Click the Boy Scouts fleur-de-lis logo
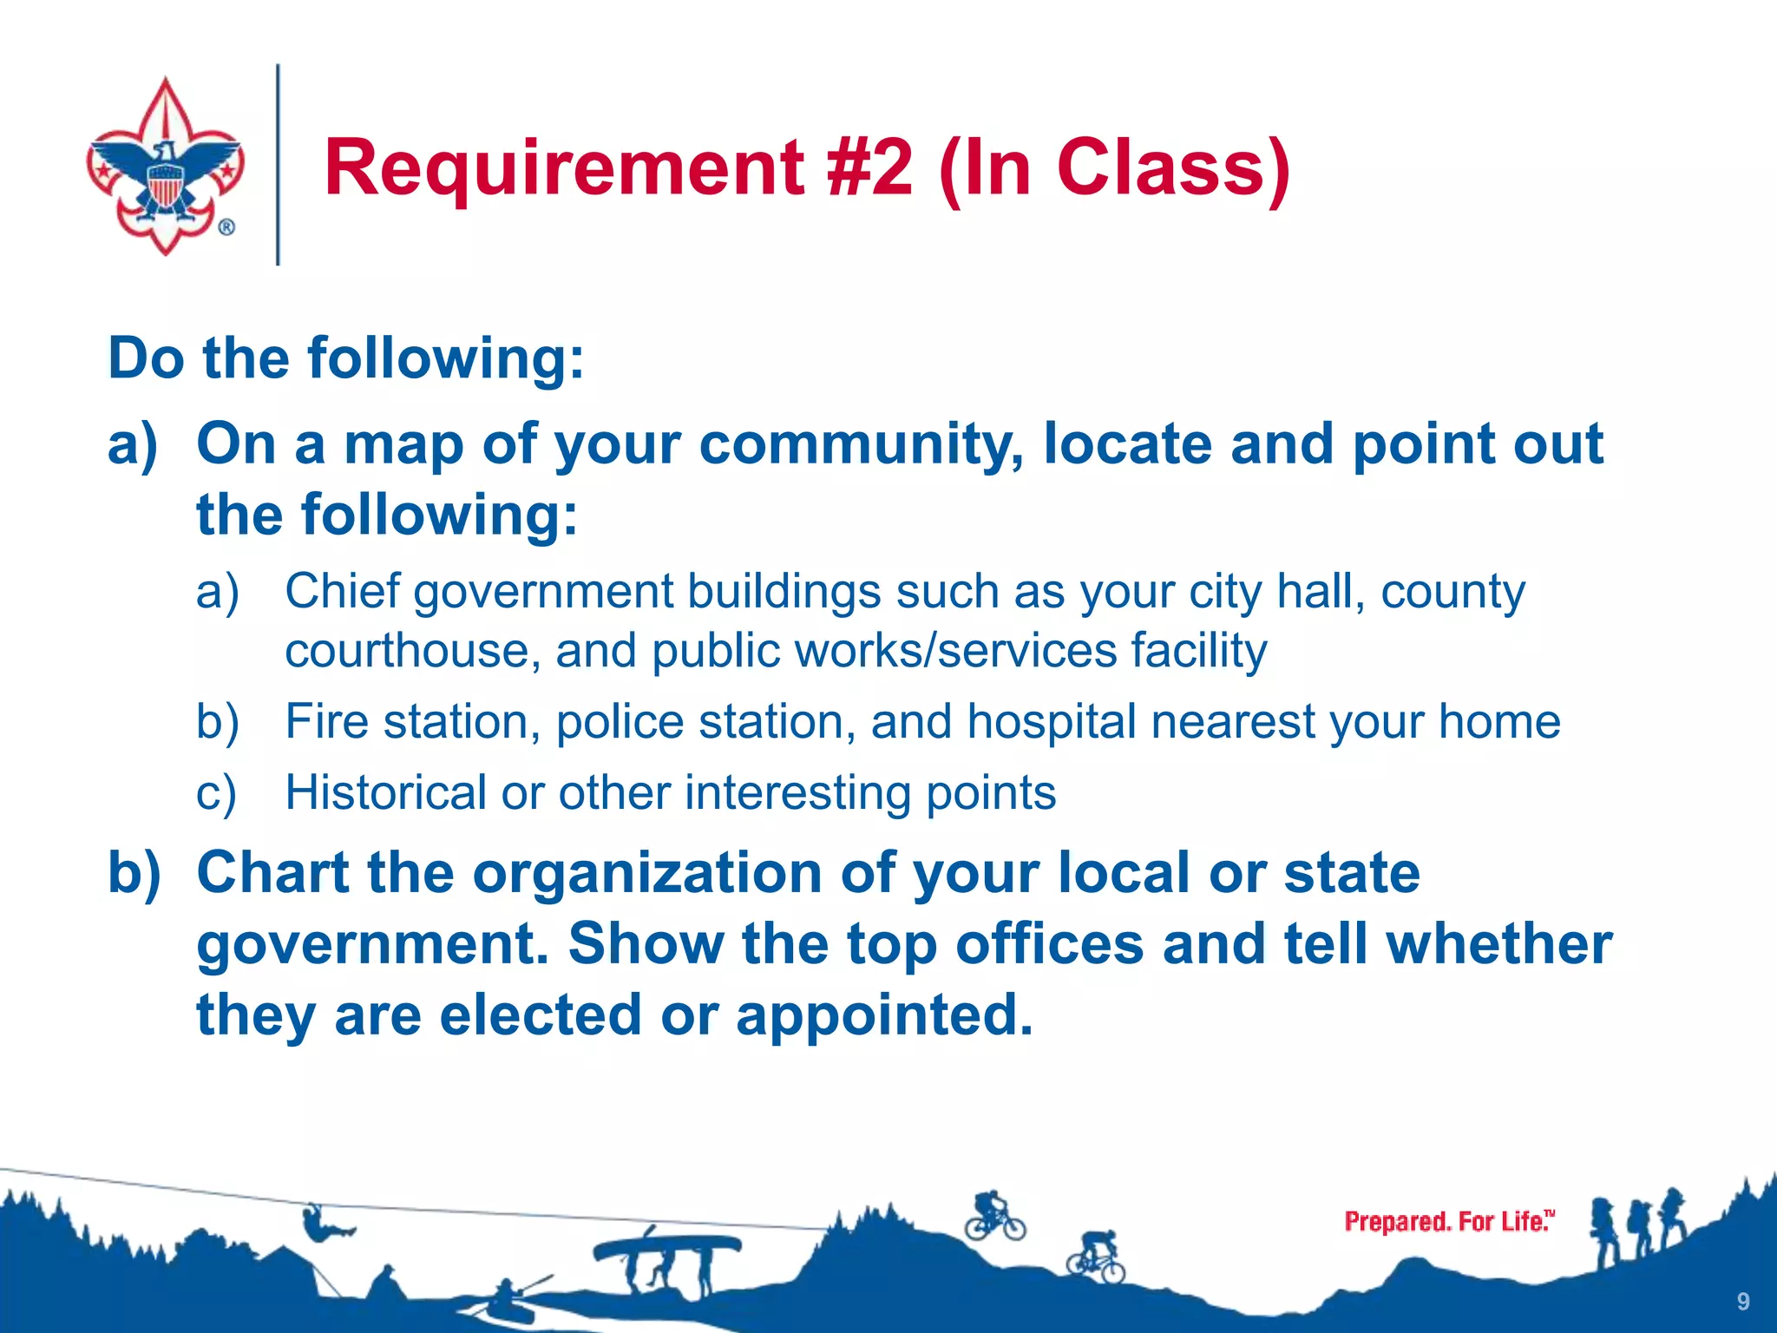(165, 166)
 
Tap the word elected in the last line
(540, 1015)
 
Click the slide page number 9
(1742, 1301)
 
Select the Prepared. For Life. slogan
(1448, 1222)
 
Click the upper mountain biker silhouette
(995, 1216)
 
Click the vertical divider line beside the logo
(278, 165)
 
